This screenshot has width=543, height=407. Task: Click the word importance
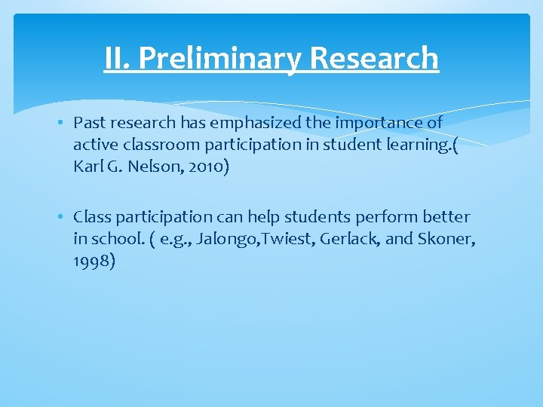[385, 123]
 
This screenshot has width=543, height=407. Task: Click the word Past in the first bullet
[88, 123]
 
